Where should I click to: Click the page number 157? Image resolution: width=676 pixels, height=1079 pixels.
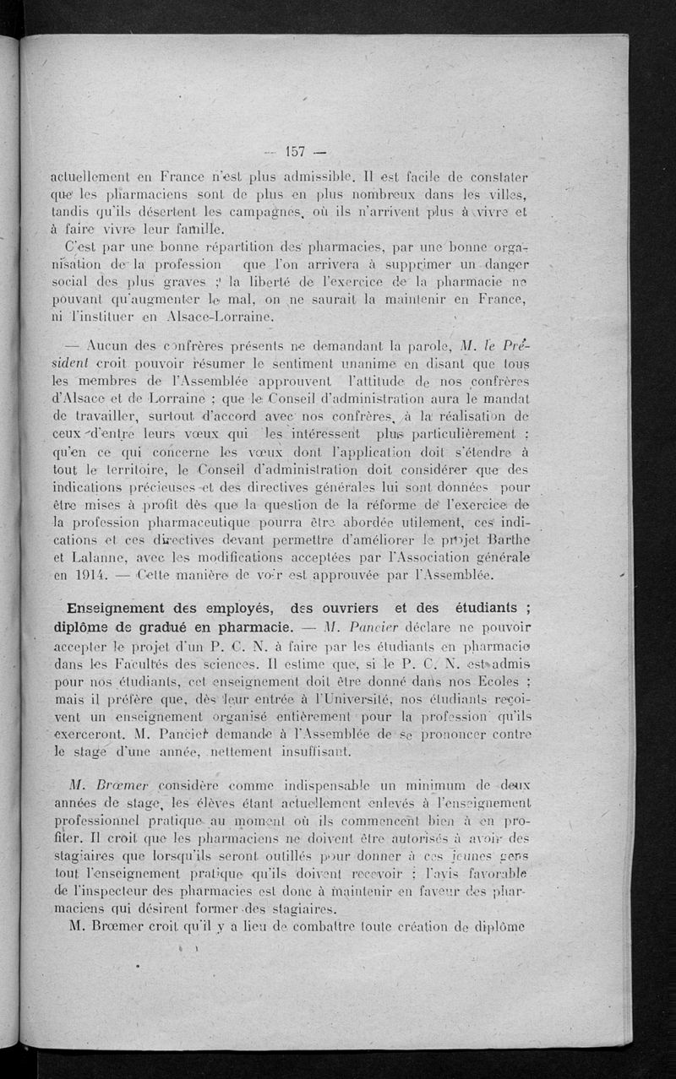click(x=295, y=152)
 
